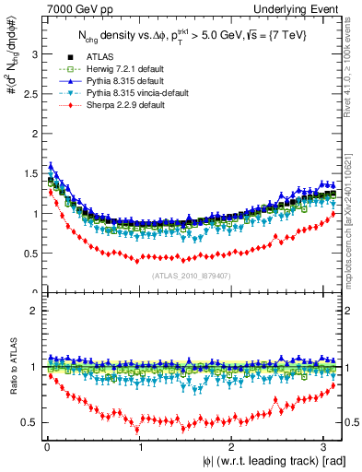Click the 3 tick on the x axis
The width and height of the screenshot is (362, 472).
pos(325,444)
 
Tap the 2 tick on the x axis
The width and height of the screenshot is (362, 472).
pos(232,444)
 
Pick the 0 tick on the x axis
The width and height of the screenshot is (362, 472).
pos(46,444)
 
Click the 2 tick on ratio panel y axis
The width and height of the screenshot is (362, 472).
pos(35,311)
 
